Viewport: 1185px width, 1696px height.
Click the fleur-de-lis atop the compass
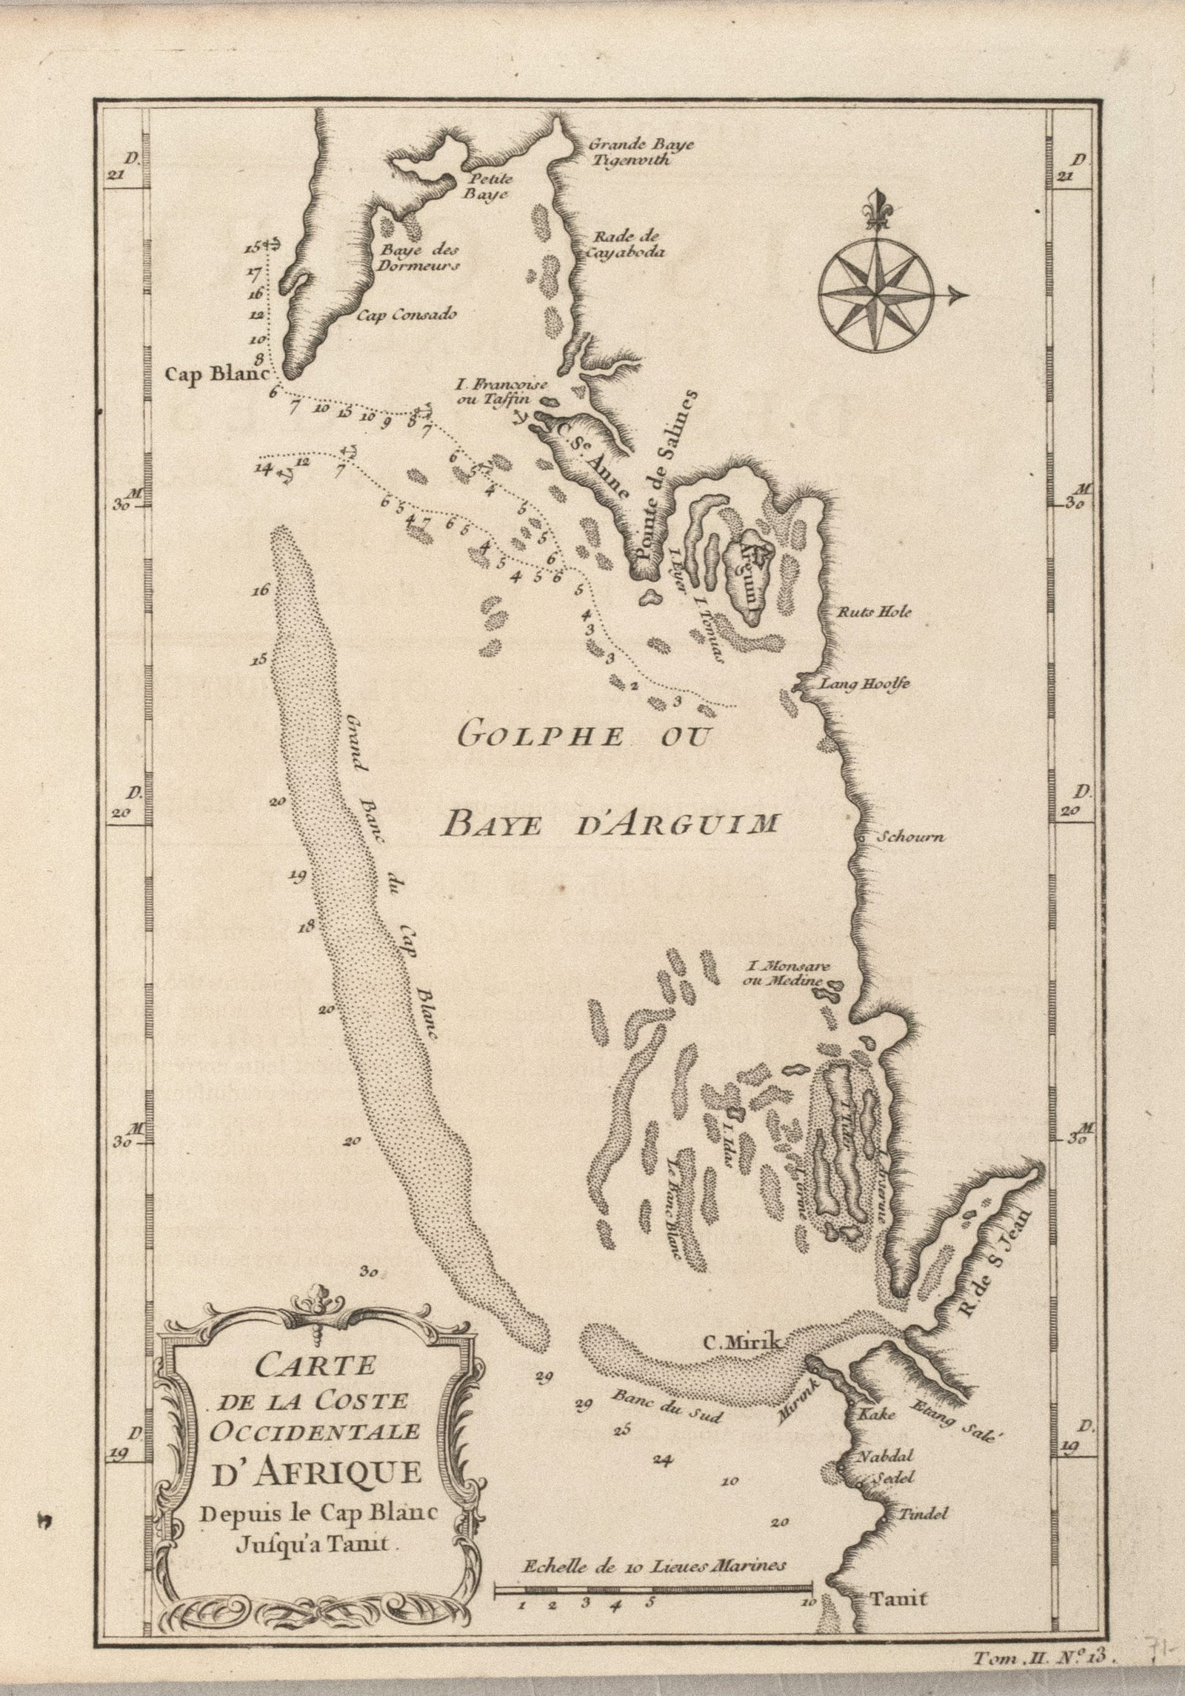879,210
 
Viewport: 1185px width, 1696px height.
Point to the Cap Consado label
407,314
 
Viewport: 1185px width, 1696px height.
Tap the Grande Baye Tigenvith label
641,151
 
